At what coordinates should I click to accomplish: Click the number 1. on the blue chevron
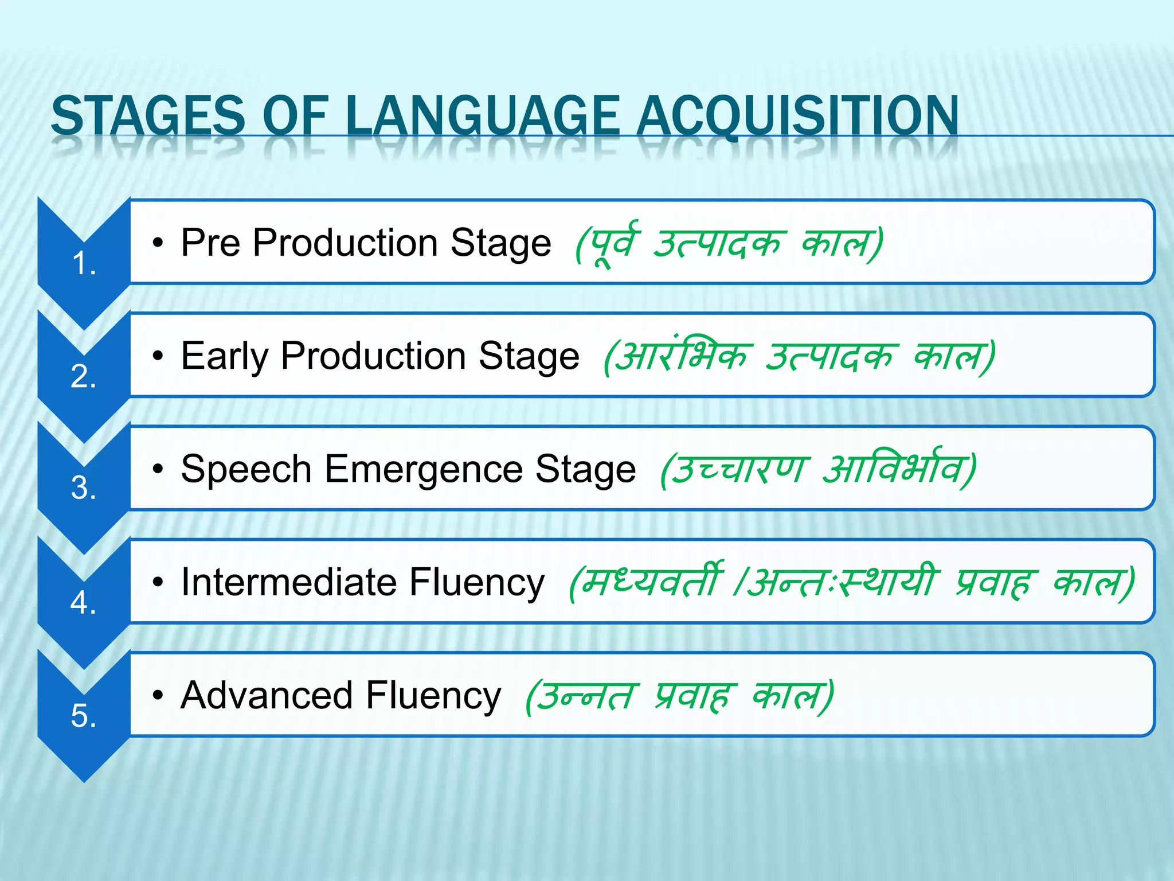pos(84,264)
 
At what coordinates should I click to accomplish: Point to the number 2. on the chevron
pos(84,377)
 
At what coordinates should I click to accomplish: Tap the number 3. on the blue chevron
pos(84,488)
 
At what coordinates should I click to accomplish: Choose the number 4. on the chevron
pos(84,603)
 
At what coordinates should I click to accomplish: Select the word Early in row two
pos(224,356)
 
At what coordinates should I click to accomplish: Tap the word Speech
pos(246,469)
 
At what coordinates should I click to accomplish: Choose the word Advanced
pos(267,695)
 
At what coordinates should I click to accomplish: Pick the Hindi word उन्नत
pos(588,695)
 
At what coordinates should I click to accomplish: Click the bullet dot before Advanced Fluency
pos(158,696)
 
